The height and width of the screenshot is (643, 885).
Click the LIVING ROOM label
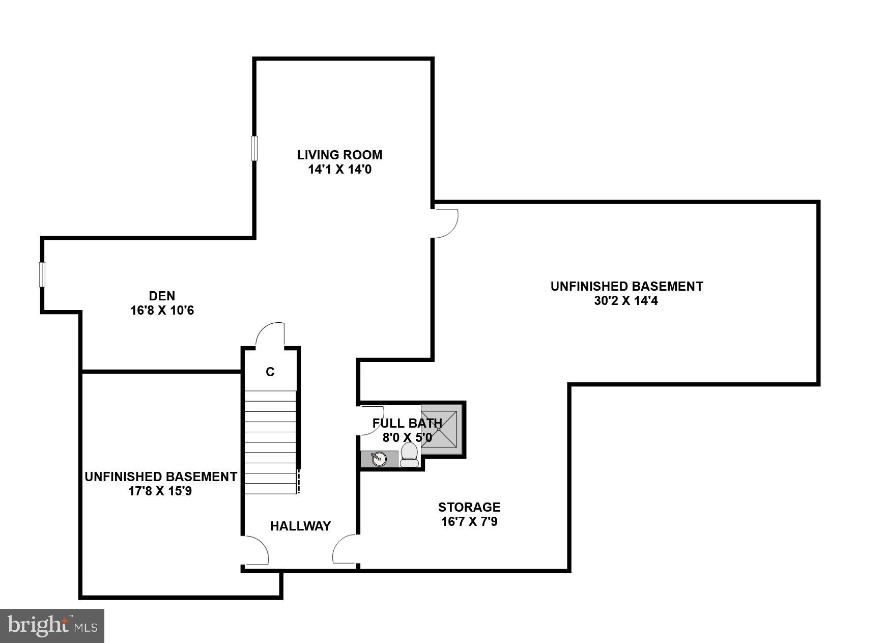coord(339,155)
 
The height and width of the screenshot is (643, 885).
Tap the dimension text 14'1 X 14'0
coord(339,170)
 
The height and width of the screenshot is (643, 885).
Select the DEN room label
coord(162,296)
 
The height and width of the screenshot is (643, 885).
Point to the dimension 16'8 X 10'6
coord(162,310)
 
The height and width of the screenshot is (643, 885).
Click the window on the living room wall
coord(254,148)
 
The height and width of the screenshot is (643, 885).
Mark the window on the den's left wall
coord(42,274)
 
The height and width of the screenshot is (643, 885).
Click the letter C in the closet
coord(270,372)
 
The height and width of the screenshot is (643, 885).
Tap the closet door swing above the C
coord(270,335)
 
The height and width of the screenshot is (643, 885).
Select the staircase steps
coord(270,442)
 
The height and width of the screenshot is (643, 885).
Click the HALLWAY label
coord(300,526)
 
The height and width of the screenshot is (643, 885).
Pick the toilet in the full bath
coord(409,455)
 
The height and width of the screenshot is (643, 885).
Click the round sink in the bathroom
coord(379,459)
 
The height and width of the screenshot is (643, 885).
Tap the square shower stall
coord(439,429)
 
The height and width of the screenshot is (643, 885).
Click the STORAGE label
coord(469,507)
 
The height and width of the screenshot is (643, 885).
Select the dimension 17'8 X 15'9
coord(160,491)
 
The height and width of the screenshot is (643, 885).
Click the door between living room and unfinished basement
coord(445,223)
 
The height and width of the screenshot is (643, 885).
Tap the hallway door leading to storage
coord(345,549)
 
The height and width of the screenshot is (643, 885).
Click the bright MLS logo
coord(52,626)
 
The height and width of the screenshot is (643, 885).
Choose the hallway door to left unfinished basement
coord(256,550)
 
